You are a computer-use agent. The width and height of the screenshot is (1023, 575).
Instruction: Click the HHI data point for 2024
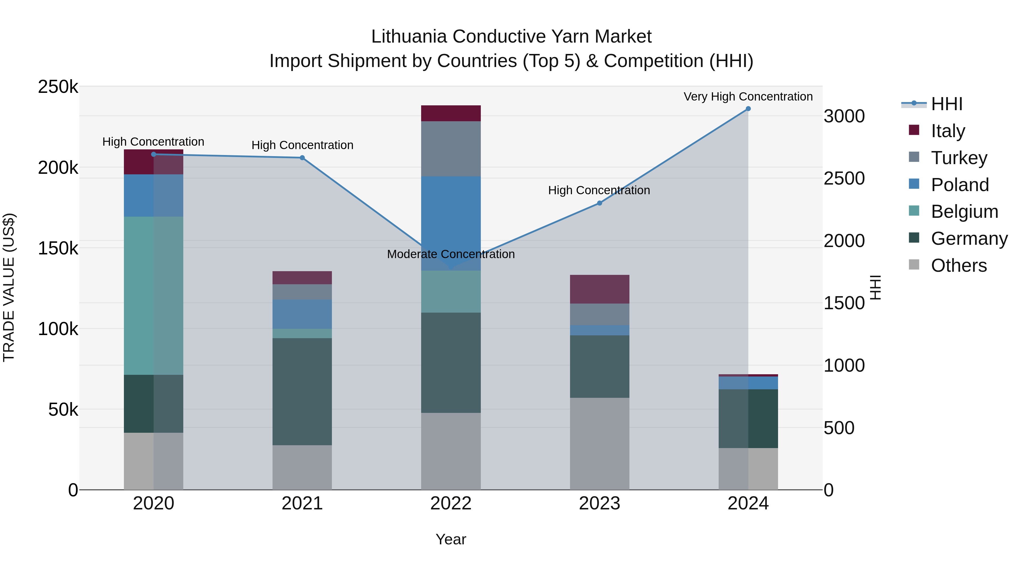click(x=748, y=109)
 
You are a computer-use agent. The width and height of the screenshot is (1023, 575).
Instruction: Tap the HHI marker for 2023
click(x=600, y=203)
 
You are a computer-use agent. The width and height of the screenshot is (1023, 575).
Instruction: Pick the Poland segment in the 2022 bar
click(x=451, y=223)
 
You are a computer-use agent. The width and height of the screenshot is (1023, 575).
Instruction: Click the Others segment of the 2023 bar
click(x=600, y=444)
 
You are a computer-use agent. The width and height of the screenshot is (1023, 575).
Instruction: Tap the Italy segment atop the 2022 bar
click(x=451, y=114)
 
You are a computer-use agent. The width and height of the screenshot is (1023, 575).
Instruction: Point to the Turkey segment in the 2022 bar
click(x=451, y=149)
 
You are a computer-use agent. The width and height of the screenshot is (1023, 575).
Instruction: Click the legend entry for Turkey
click(x=959, y=158)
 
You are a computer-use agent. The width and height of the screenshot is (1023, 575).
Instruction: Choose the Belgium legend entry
click(x=964, y=212)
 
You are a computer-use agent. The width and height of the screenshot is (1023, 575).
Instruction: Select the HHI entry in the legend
click(x=946, y=104)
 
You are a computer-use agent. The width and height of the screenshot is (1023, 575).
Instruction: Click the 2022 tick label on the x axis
click(x=451, y=503)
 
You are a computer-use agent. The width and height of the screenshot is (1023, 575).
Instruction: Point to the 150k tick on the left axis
click(x=58, y=248)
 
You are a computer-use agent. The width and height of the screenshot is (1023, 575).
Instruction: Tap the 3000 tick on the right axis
click(x=844, y=116)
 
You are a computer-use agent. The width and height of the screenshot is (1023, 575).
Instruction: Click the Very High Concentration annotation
click(x=748, y=97)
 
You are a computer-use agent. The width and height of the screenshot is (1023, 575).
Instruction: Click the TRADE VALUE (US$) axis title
click(x=9, y=287)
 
